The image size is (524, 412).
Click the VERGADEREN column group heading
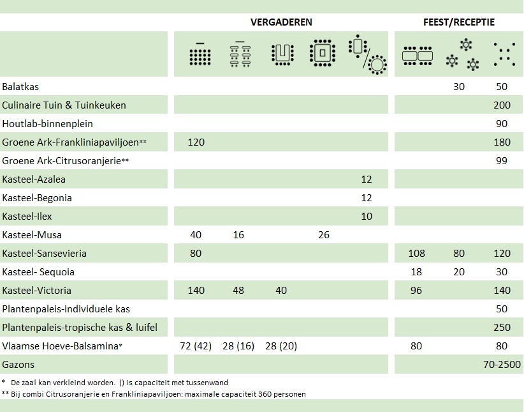[281, 22]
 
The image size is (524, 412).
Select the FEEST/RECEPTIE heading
[458, 22]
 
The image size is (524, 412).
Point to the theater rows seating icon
[200, 54]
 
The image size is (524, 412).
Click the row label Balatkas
[20, 86]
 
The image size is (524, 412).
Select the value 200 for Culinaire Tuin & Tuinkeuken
[502, 105]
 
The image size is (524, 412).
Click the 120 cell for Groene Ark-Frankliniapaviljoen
[196, 142]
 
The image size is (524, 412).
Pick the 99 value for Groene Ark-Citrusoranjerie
[502, 160]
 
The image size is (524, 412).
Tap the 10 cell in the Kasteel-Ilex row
[366, 217]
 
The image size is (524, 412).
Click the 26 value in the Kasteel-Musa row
[323, 235]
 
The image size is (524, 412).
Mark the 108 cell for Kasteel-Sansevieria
[416, 254]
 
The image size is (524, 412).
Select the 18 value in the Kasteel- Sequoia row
[416, 272]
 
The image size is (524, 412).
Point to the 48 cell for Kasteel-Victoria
[238, 291]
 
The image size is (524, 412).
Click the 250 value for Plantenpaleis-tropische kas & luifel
[502, 328]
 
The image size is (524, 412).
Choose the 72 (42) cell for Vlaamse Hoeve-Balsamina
[196, 346]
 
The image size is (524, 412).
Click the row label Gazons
[18, 365]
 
